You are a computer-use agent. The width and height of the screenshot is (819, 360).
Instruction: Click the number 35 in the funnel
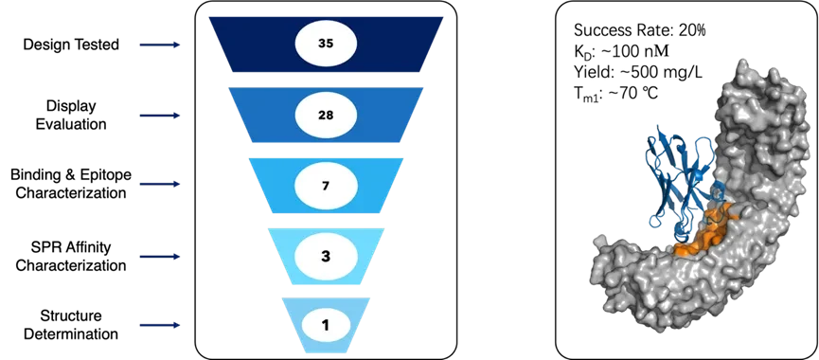(x=326, y=45)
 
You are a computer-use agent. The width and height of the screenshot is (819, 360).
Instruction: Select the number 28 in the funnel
(x=326, y=115)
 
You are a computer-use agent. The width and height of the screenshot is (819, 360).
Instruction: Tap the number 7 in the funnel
(x=326, y=186)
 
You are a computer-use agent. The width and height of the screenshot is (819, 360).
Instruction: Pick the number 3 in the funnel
(x=326, y=257)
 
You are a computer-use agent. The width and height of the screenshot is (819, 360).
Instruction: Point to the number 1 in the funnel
(x=326, y=326)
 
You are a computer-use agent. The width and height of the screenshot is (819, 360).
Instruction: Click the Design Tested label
(x=71, y=45)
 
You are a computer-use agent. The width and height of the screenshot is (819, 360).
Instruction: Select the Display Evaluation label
(x=71, y=116)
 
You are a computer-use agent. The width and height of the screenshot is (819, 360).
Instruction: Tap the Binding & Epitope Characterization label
(x=71, y=184)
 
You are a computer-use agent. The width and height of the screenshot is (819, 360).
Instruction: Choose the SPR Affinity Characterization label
(x=71, y=257)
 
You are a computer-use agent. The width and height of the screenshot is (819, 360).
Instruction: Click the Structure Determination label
(x=71, y=325)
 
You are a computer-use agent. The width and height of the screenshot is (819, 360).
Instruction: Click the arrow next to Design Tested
(x=159, y=45)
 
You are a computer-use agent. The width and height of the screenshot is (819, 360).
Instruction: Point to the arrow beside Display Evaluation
(x=159, y=116)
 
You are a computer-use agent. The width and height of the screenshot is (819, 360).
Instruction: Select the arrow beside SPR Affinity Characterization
(x=159, y=257)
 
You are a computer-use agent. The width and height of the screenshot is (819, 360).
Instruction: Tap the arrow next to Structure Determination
(x=159, y=325)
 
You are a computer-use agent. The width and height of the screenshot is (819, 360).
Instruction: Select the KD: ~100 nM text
(x=622, y=52)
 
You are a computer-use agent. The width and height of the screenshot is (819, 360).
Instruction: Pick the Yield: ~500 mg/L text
(x=638, y=72)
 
